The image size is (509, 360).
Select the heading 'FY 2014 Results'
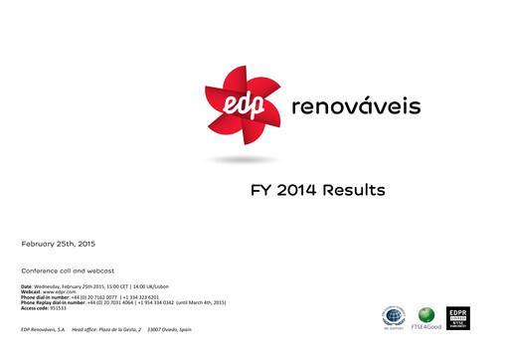point(317,189)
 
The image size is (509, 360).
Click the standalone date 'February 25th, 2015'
point(59,243)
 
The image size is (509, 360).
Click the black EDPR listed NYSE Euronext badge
point(458,318)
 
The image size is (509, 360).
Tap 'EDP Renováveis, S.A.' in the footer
point(43,329)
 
